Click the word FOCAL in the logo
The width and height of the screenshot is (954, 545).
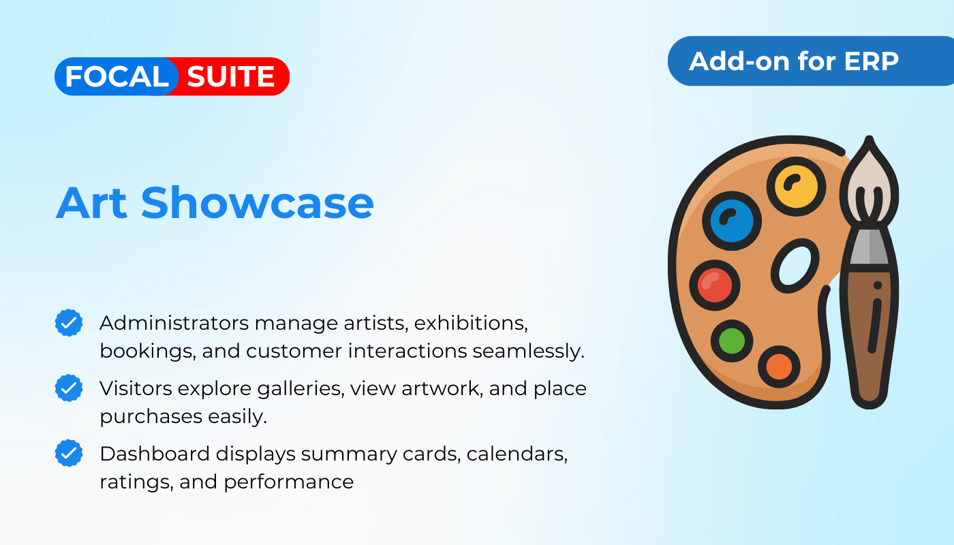pos(117,76)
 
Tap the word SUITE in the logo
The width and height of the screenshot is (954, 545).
pos(231,76)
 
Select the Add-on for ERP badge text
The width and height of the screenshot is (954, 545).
pos(794,61)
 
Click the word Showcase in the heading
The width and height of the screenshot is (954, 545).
pos(258,203)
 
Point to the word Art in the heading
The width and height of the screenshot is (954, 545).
pos(91,204)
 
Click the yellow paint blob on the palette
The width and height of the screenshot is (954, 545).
pos(796,187)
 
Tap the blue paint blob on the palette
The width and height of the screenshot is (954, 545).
pos(731,221)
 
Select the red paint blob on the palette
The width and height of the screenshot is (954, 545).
pos(715,285)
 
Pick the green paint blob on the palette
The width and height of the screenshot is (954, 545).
pos(732,341)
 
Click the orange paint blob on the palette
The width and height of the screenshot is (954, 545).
pos(779,367)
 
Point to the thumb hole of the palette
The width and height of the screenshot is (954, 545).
pos(795,266)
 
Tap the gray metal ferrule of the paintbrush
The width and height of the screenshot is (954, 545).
pos(870,246)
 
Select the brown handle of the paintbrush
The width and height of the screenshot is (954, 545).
pos(870,337)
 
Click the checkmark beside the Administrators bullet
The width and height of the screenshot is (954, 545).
pos(69,323)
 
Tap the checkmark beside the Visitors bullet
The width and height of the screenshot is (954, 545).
pos(69,388)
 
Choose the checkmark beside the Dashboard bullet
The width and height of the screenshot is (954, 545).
pos(69,453)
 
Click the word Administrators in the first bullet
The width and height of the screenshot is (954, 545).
pos(174,323)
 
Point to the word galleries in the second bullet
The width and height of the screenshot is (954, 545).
pos(301,389)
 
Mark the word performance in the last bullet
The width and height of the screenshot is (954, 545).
pos(289,483)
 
